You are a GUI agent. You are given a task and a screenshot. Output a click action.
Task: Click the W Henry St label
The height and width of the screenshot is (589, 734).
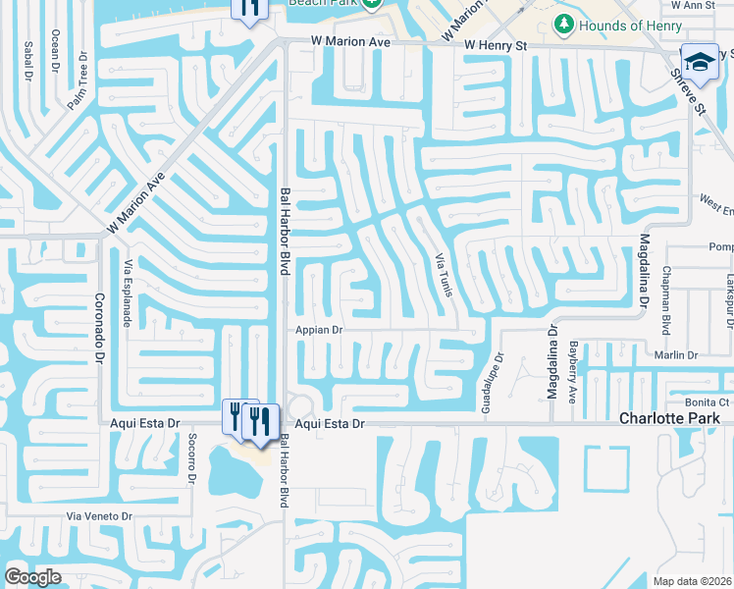[x=496, y=45]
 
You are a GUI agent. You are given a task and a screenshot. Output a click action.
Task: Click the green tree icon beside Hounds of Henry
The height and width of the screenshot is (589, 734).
[x=564, y=23]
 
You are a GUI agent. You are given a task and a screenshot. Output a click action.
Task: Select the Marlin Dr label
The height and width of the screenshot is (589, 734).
[x=677, y=354]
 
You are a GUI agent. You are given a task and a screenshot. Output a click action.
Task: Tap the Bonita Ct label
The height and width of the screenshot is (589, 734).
[x=708, y=402]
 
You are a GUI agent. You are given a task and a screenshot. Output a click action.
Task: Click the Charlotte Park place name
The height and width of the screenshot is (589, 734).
[x=669, y=418]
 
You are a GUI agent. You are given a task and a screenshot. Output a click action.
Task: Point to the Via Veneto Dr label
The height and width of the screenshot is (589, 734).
[x=98, y=516]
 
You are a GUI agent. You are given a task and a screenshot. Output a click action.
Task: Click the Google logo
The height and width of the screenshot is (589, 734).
[x=33, y=576]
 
